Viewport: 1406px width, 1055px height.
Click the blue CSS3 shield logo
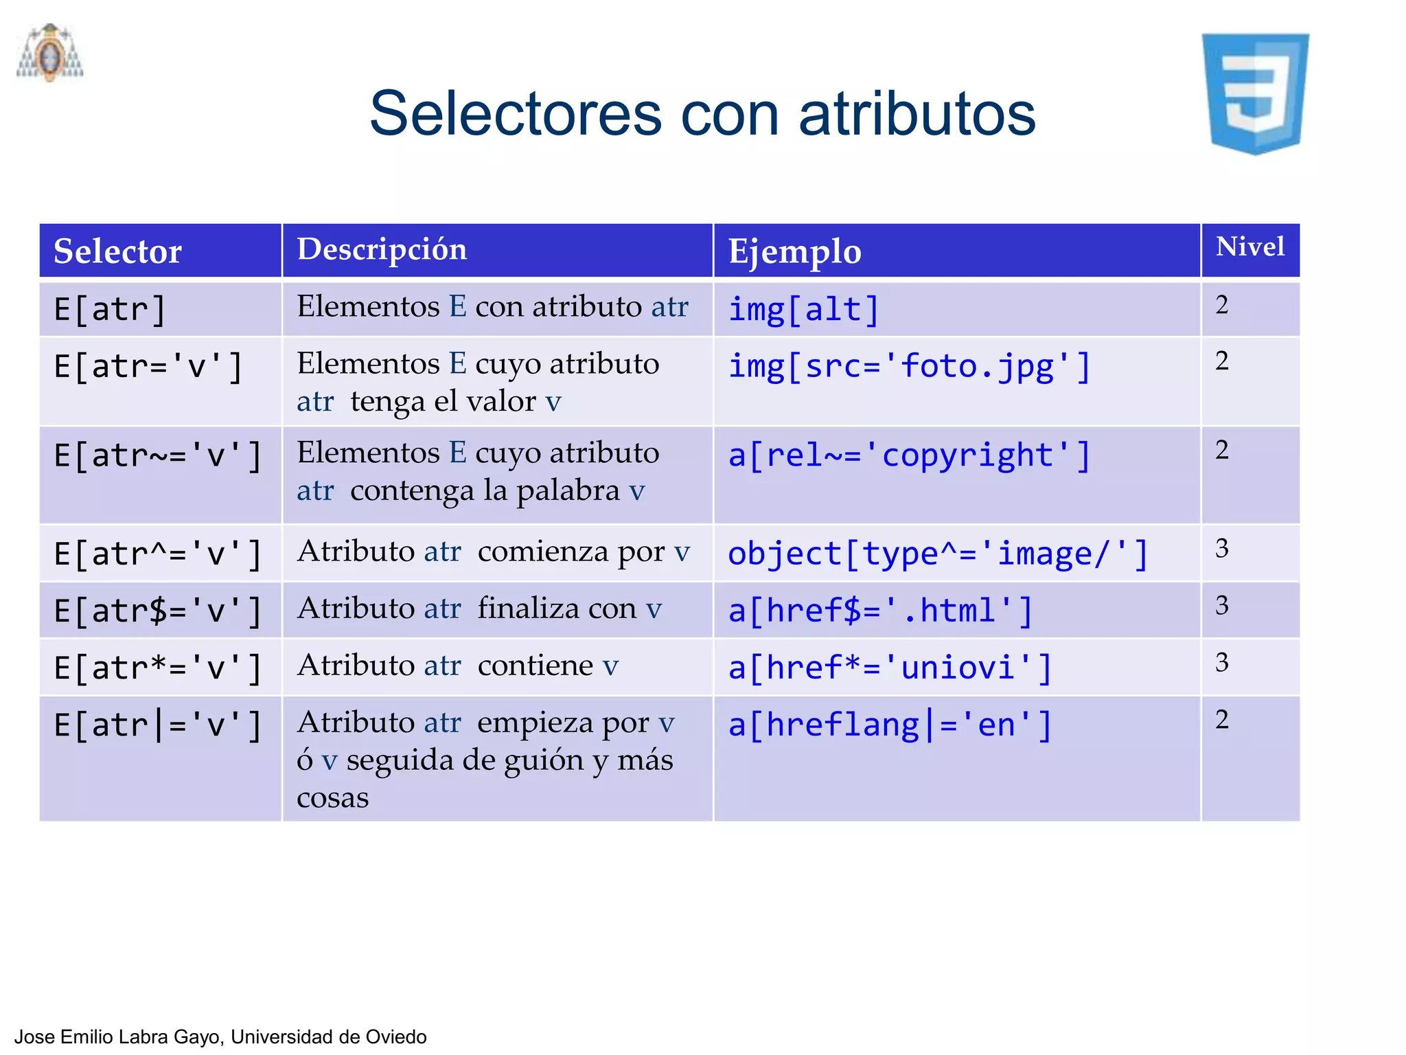tap(1255, 93)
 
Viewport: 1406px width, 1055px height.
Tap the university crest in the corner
tap(49, 53)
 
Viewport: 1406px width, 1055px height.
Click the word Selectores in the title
tap(516, 114)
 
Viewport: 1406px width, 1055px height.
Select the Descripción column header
tap(382, 249)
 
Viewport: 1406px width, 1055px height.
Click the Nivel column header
tap(1249, 247)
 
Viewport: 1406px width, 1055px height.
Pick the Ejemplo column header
tap(794, 251)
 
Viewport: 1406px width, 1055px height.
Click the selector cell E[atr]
tap(110, 310)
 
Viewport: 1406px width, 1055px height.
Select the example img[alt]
tap(803, 310)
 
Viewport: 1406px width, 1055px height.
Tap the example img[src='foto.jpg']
tap(909, 367)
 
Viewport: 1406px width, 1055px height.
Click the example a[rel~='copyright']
tap(909, 456)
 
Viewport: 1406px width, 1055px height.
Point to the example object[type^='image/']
tap(938, 554)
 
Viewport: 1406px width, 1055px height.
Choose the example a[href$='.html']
tap(880, 611)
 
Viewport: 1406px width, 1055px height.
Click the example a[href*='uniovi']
tap(890, 668)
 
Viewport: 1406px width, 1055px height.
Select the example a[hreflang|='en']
tap(890, 725)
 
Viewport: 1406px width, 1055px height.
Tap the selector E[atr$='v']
tap(158, 611)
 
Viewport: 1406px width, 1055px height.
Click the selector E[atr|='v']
tap(158, 725)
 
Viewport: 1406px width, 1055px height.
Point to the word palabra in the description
tap(568, 491)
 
